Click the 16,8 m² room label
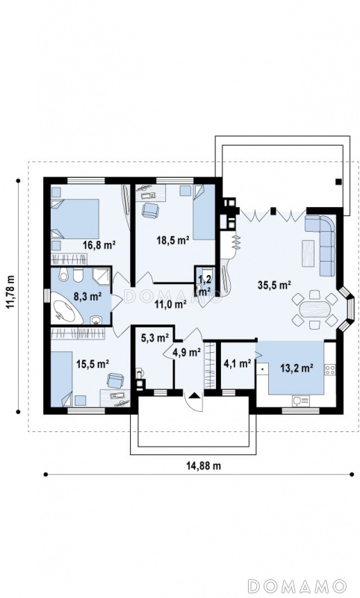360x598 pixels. point(99,245)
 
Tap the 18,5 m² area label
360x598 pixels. point(173,240)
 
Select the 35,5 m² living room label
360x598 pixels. point(274,285)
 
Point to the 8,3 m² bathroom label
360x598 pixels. point(87,296)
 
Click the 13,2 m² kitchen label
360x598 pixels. point(297,368)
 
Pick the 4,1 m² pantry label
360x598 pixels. point(237,363)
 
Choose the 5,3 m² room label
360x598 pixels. point(155,338)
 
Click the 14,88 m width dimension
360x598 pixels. point(204,465)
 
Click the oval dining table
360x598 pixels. point(314,309)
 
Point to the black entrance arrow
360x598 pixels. point(194,395)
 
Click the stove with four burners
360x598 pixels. point(330,369)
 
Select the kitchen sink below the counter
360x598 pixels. point(301,401)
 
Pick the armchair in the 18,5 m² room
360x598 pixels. point(150,210)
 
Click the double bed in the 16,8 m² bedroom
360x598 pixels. point(75,219)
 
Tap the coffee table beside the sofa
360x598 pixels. point(308,253)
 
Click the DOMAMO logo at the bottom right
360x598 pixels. point(297,585)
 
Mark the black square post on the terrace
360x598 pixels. point(338,182)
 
